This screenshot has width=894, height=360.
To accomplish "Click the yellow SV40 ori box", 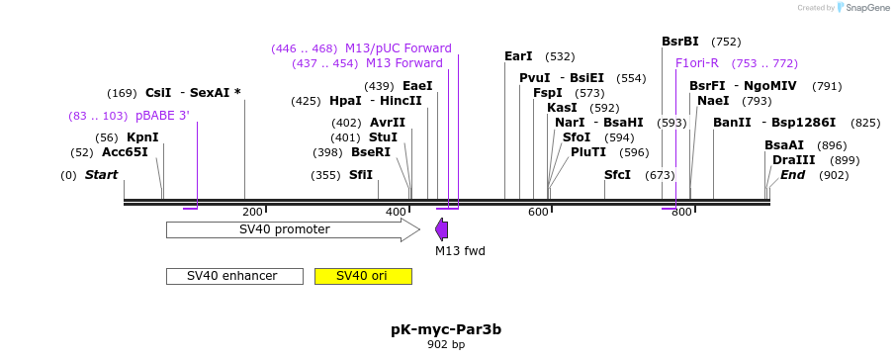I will (x=362, y=276).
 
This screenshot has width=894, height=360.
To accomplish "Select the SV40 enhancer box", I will (x=233, y=276).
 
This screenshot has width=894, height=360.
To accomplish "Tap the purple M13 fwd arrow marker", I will (x=442, y=229).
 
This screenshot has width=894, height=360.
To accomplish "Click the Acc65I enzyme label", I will (x=125, y=152).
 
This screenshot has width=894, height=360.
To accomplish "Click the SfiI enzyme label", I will (x=361, y=175).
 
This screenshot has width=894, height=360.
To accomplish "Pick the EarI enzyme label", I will (x=518, y=56).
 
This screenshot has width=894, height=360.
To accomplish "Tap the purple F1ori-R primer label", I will (x=697, y=63).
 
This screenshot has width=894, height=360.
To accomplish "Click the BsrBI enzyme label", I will (x=680, y=42).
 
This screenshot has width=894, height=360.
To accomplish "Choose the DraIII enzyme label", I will (x=794, y=160).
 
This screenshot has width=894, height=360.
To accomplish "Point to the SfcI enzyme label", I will (x=617, y=175).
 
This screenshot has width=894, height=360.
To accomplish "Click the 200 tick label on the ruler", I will (x=252, y=212).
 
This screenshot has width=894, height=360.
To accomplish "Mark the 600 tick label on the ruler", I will (x=538, y=212).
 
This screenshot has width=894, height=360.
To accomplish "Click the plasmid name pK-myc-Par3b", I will (x=446, y=328).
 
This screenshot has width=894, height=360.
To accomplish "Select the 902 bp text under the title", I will (x=446, y=345).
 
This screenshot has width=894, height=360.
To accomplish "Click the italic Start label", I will (x=101, y=175).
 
